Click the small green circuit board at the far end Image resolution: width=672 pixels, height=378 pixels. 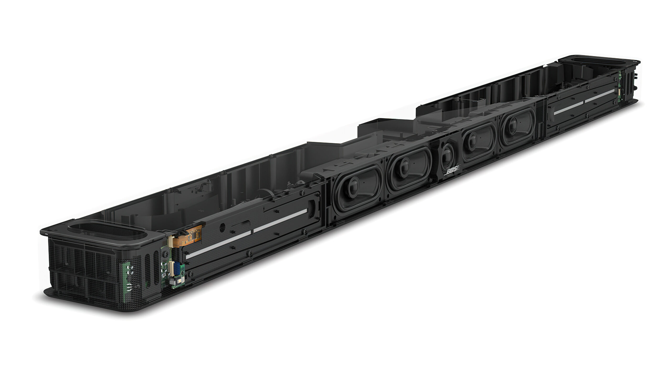[x=619, y=87]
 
